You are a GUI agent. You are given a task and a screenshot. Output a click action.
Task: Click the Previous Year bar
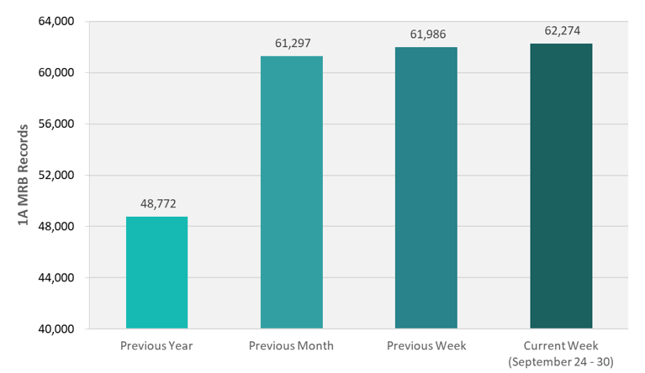tap(156, 272)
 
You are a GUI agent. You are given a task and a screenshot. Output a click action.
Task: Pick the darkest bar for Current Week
tap(561, 186)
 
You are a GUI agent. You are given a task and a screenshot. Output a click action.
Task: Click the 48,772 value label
tap(156, 204)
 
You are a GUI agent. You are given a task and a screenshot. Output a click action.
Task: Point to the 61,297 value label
tap(291, 43)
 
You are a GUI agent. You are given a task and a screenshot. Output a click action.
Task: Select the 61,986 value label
tap(426, 34)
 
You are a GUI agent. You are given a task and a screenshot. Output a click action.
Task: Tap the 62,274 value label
tap(561, 31)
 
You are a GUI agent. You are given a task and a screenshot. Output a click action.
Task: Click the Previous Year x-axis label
tap(156, 345)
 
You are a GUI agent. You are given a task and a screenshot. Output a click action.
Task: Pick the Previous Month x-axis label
tap(291, 345)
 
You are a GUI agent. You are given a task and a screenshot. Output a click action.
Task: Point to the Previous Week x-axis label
tap(426, 345)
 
